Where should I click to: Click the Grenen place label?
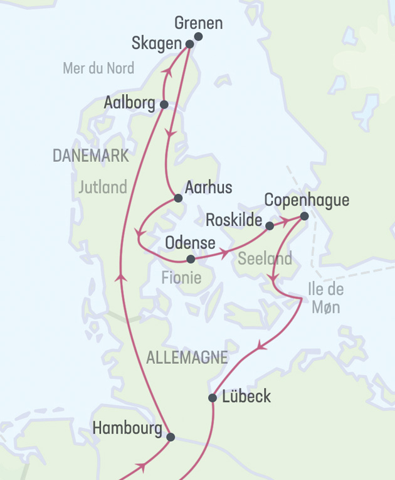[x=198, y=24]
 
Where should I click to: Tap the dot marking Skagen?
[x=190, y=44]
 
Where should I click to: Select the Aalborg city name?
[x=130, y=102]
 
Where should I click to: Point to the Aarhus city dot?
[x=178, y=198]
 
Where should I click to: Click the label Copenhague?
[x=307, y=200]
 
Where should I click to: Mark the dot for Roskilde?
[x=269, y=225]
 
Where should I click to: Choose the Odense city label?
[x=190, y=243]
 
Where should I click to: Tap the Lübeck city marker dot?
[x=213, y=398]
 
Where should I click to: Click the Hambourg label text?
[x=128, y=429]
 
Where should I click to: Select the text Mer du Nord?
[x=98, y=68]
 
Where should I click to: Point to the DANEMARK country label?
[x=91, y=156]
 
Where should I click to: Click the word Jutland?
[x=103, y=187]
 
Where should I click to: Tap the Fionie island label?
[x=181, y=277]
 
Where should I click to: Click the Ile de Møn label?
[x=325, y=298]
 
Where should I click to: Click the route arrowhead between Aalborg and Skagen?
[x=167, y=73]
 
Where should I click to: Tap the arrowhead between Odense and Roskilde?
[x=223, y=254]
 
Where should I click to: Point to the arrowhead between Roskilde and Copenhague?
[x=286, y=221]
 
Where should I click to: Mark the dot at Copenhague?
[x=304, y=216]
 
